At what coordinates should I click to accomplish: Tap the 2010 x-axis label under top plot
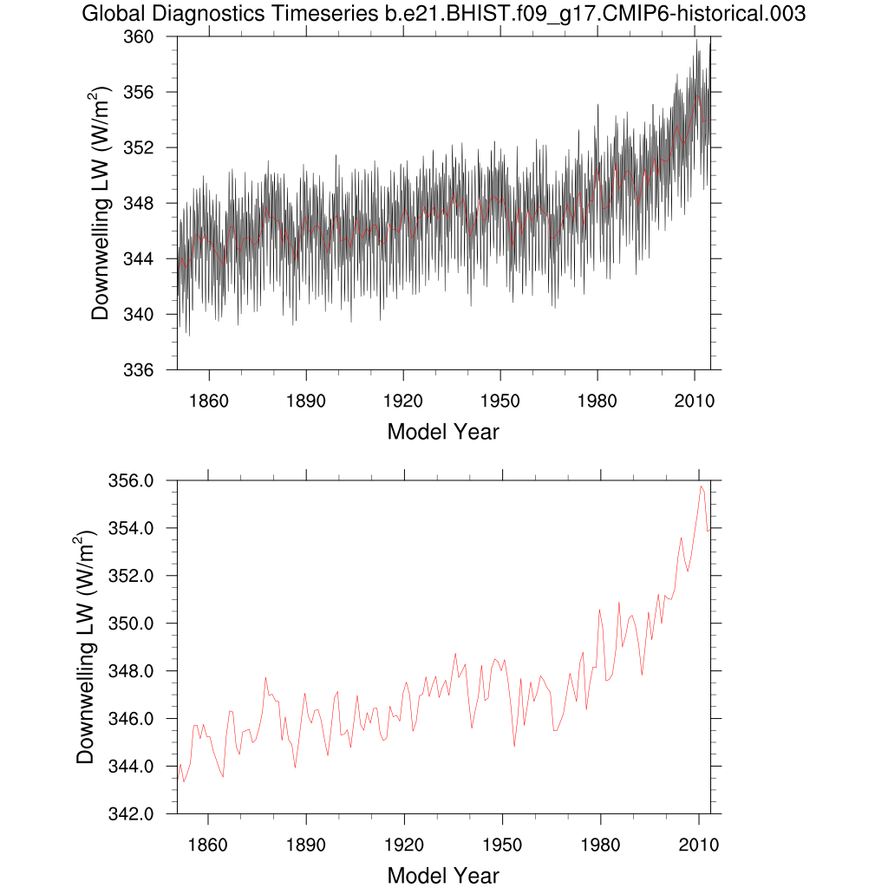[x=694, y=401]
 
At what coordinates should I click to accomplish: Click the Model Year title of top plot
[x=442, y=431]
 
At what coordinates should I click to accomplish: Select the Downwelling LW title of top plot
[x=102, y=203]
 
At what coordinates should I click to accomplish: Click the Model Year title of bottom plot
[x=442, y=875]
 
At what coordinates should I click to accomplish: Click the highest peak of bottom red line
[x=701, y=486]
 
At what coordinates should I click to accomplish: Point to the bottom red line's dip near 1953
[x=514, y=746]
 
